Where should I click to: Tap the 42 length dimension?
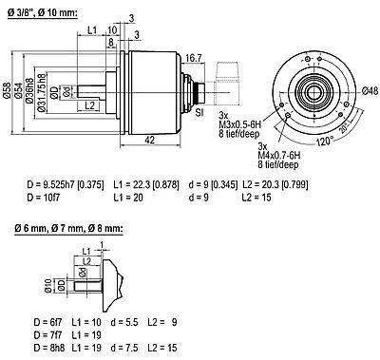(x=150, y=139)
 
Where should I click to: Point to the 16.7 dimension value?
(x=194, y=58)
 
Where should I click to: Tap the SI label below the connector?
(x=200, y=113)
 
